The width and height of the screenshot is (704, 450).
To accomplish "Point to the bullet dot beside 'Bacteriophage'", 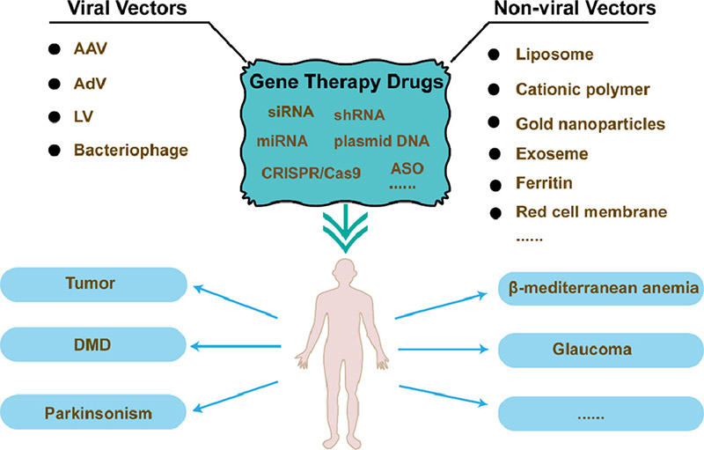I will pyautogui.click(x=56, y=150).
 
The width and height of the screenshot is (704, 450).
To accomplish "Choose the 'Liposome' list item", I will pyautogui.click(x=554, y=55).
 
